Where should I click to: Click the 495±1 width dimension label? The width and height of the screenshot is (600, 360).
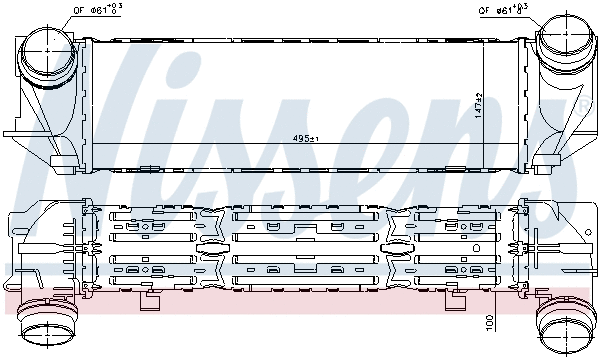click(x=306, y=138)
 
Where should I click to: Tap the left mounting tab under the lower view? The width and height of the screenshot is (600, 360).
click(x=150, y=299)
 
